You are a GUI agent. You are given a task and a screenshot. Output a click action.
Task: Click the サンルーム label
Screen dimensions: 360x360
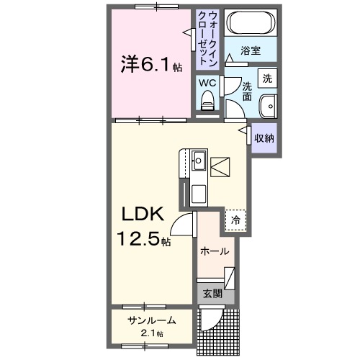(152, 321)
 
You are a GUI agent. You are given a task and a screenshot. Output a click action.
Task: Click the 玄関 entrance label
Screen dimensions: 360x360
(212, 294)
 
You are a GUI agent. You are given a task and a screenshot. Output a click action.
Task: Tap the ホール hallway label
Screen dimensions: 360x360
(215, 252)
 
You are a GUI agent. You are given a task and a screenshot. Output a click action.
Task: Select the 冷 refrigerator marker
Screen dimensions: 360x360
(235, 220)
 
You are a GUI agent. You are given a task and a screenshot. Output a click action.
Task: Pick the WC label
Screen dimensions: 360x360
(207, 83)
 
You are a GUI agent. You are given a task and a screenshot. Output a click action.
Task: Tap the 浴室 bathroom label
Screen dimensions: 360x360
(250, 52)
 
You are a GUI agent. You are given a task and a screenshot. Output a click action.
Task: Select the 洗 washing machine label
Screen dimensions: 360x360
(267, 78)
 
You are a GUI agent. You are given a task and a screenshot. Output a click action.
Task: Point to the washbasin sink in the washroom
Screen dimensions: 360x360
(268, 104)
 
